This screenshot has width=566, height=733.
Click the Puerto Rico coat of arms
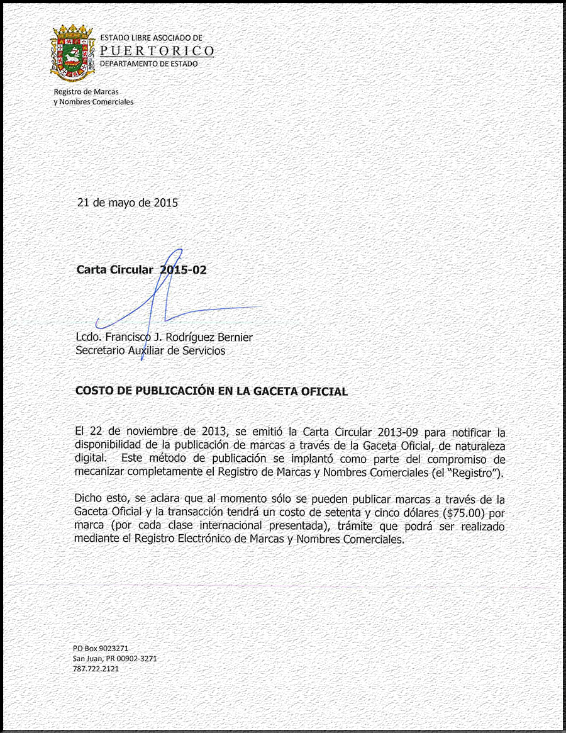(72, 53)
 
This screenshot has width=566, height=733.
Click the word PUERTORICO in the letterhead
(157, 51)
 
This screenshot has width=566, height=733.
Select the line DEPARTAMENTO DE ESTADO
(148, 64)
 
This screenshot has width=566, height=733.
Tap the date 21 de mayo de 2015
(127, 203)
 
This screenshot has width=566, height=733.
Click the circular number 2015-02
(183, 270)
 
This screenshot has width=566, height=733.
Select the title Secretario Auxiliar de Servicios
(150, 350)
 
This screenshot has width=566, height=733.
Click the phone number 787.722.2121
(96, 668)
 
